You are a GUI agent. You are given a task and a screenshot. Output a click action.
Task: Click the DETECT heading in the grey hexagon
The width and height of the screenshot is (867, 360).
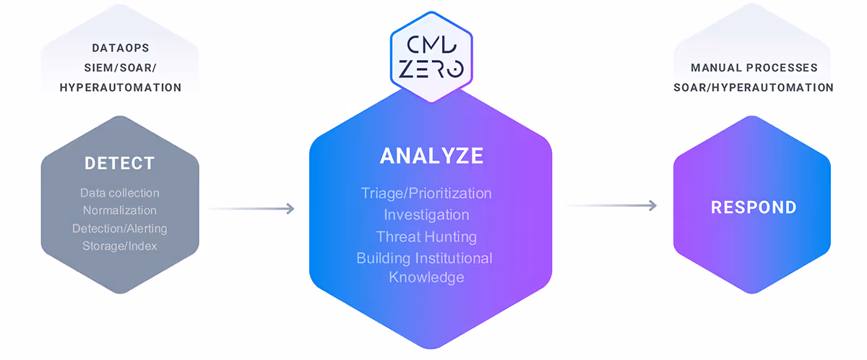tap(120, 163)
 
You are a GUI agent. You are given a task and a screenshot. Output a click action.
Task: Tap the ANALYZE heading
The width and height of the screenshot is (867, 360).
tap(431, 156)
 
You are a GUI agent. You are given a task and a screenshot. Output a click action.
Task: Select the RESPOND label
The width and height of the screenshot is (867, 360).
tap(754, 207)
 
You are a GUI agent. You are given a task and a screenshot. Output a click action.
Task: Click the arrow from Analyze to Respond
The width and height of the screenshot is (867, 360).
tap(611, 206)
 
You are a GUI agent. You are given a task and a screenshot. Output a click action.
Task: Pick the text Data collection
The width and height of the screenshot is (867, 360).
tap(120, 193)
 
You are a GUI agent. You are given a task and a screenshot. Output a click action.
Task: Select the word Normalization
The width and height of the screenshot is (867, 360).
tap(120, 210)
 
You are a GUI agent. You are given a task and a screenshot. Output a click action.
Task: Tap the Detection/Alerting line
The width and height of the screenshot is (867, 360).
tap(120, 228)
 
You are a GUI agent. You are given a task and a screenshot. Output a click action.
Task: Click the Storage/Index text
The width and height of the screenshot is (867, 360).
tap(120, 246)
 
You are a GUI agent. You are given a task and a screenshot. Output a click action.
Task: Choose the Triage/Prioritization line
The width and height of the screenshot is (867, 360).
tap(426, 193)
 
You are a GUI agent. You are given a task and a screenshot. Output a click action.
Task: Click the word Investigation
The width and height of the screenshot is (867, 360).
tap(426, 215)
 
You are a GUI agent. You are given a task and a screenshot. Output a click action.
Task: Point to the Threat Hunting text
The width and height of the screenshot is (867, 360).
tap(426, 236)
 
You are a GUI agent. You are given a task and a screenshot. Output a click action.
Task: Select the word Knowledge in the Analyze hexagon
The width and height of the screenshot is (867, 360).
tap(426, 277)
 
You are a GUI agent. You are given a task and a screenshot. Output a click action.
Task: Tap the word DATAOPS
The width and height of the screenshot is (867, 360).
tap(120, 48)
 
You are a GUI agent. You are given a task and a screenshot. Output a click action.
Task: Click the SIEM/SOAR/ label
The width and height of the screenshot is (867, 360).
tap(120, 68)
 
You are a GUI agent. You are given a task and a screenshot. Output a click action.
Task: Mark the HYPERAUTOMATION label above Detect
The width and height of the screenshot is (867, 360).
tap(120, 87)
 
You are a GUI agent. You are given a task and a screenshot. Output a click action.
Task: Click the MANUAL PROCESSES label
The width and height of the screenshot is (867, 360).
tap(754, 68)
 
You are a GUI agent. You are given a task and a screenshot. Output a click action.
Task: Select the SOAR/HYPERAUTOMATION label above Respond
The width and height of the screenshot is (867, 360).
tap(754, 87)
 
